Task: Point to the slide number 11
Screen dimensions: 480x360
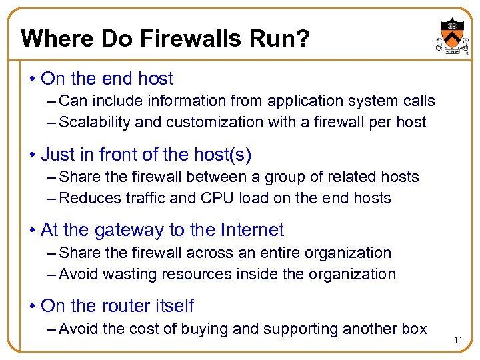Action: [x=457, y=340]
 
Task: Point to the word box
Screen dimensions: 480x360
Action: [x=413, y=329]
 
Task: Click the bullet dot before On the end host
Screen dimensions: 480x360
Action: [x=33, y=79]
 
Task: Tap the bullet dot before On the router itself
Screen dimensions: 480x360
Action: [x=33, y=307]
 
